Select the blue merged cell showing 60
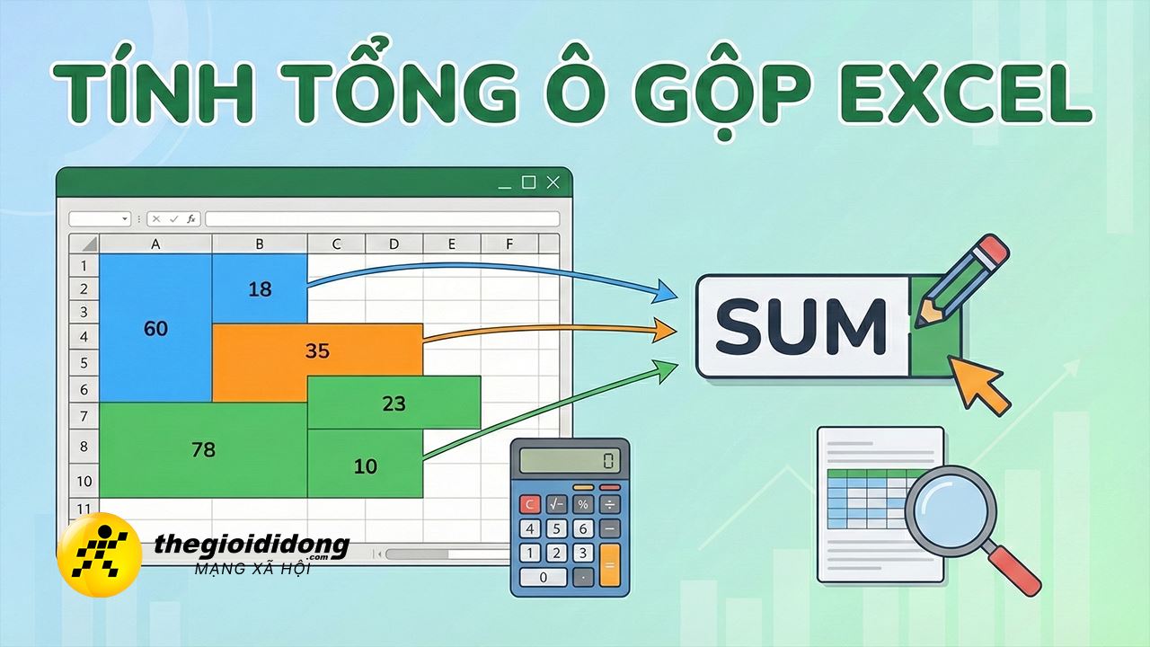(x=155, y=329)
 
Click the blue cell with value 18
(x=260, y=288)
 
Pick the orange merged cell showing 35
(x=317, y=350)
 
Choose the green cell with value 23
(x=394, y=403)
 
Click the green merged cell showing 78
(x=203, y=449)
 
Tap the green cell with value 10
(x=365, y=465)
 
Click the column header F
(x=509, y=244)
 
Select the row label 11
(x=84, y=509)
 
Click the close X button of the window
(x=553, y=182)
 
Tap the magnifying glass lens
(x=951, y=509)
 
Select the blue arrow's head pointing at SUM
(x=667, y=290)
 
